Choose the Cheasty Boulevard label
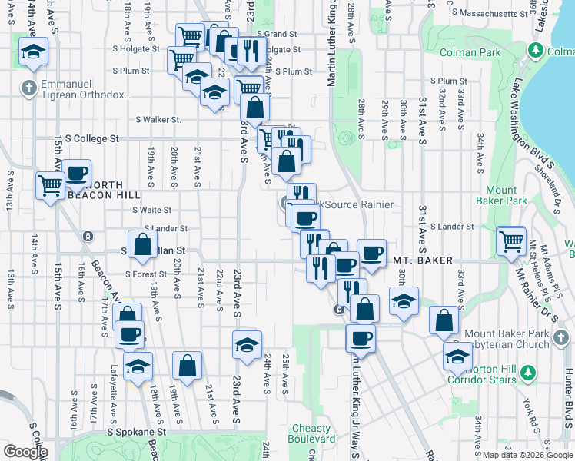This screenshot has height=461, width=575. (x=313, y=433)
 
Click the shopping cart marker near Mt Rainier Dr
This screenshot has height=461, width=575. (x=511, y=240)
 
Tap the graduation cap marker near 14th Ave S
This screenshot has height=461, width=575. (x=33, y=51)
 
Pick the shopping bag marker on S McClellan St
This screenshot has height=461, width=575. (x=143, y=245)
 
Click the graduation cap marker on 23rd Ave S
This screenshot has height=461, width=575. (x=247, y=345)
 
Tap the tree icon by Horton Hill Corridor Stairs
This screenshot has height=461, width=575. (x=527, y=373)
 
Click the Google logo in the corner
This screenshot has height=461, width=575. (x=25, y=452)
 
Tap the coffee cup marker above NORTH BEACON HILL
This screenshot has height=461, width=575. (x=77, y=174)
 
